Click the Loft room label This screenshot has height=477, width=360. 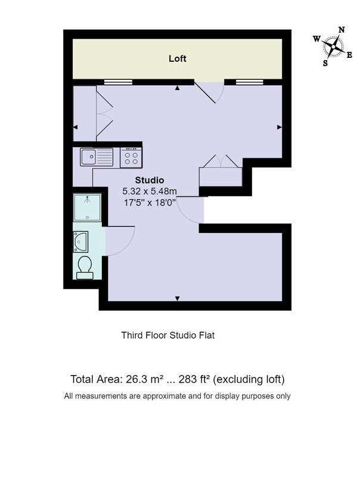click(x=177, y=58)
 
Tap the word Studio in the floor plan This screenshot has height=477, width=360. click(x=149, y=180)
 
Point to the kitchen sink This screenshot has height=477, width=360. click(x=97, y=157)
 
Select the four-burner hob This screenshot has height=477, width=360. click(x=131, y=158)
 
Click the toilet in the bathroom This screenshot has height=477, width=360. click(x=85, y=267)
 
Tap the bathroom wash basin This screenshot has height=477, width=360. click(x=80, y=241)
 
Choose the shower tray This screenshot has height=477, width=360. click(x=87, y=207)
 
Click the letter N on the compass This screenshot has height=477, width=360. click(x=342, y=30)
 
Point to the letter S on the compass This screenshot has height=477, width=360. click(x=325, y=63)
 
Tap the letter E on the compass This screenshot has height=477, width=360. click(x=349, y=55)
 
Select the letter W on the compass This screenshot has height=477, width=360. click(x=317, y=39)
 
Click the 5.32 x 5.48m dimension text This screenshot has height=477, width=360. click(x=149, y=191)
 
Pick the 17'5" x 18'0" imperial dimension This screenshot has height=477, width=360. click(x=150, y=202)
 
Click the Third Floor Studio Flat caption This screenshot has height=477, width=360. click(x=168, y=335)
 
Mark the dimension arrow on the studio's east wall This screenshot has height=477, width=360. click(x=280, y=127)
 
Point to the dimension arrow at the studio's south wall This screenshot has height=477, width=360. click(x=177, y=299)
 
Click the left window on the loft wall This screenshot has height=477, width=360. click(x=118, y=82)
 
